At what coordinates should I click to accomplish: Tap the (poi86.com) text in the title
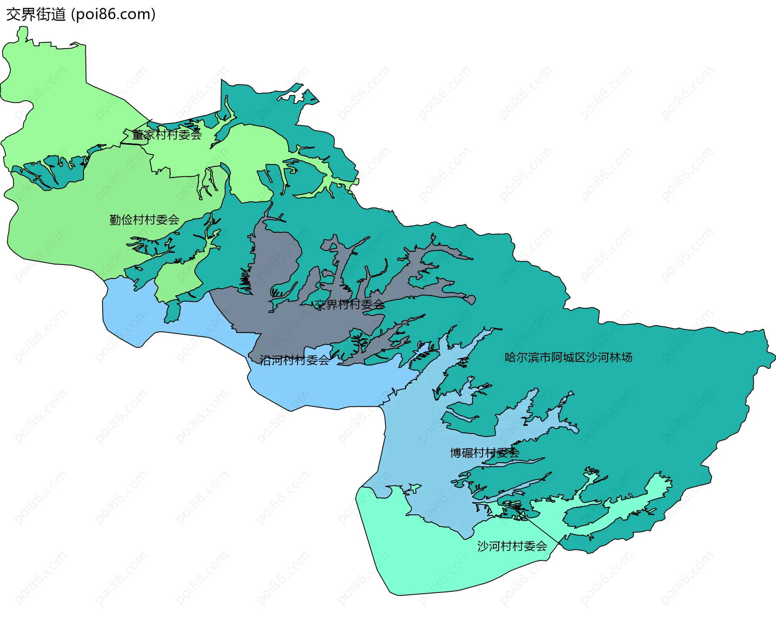tap(113, 15)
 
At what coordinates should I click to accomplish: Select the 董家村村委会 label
tap(167, 135)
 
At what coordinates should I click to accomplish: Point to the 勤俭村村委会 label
tap(144, 220)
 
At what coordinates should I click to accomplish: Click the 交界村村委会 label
tap(350, 305)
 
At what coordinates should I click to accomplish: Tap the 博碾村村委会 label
tap(485, 453)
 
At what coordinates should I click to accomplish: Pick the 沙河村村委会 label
tap(512, 546)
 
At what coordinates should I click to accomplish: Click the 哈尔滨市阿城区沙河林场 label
tap(568, 358)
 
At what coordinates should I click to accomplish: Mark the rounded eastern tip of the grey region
tap(470, 300)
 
